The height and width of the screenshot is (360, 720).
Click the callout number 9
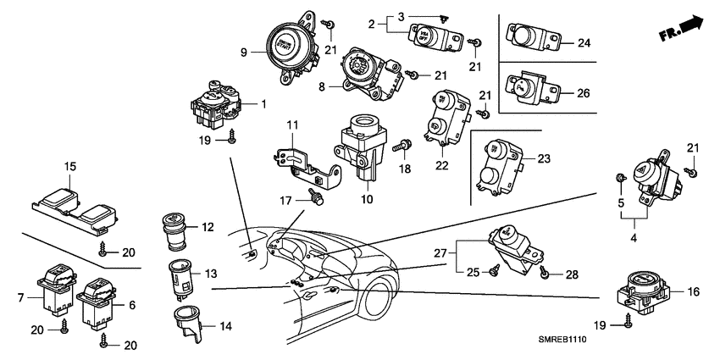(x=243, y=53)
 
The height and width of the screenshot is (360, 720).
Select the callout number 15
(x=70, y=166)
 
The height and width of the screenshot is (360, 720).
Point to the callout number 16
(x=692, y=291)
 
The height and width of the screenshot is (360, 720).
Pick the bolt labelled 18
(x=402, y=147)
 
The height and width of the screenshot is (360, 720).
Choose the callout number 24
(x=583, y=42)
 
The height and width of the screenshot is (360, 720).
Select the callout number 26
(x=583, y=93)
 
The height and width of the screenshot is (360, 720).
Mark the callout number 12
(x=208, y=227)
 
